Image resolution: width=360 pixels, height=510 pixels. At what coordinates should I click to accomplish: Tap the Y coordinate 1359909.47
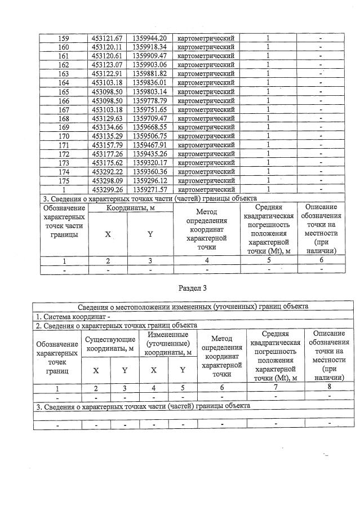[149, 56]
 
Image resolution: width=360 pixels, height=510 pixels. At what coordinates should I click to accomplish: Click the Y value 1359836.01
[149, 82]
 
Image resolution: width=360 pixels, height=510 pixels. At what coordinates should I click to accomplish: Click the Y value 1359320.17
[149, 163]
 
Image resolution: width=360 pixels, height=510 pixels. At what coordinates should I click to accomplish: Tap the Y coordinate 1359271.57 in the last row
[149, 190]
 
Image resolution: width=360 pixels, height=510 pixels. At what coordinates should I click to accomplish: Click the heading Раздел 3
[193, 288]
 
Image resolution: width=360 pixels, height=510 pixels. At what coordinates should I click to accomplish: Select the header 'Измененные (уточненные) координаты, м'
[166, 343]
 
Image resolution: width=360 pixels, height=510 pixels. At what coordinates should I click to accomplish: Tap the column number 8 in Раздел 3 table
[328, 387]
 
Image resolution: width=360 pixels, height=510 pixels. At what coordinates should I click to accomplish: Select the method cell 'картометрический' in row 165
[206, 91]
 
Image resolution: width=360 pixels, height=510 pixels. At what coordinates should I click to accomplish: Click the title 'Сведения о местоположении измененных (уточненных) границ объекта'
[193, 307]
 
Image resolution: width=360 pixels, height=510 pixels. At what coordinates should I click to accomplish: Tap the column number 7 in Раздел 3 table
[275, 387]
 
